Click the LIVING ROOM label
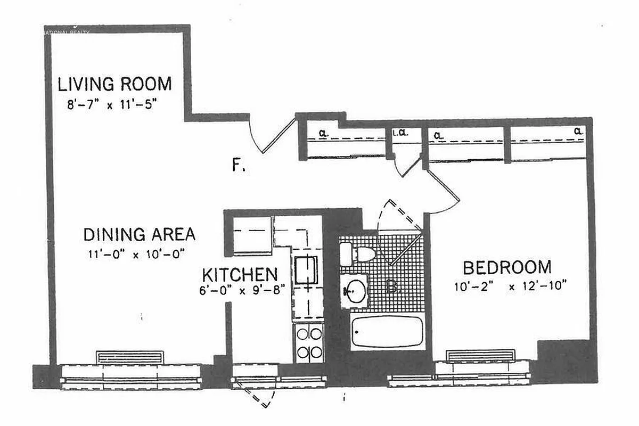tap(114, 84)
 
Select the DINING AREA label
tap(139, 234)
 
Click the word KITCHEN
tap(240, 275)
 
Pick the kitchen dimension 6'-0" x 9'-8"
tap(243, 290)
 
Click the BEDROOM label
tap(506, 267)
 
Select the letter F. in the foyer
tap(239, 166)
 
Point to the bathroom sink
tap(354, 291)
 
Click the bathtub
tap(387, 332)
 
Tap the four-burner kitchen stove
tap(309, 343)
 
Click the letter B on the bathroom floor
tap(392, 288)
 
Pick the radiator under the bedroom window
tap(480, 356)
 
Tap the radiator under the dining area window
tap(129, 357)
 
